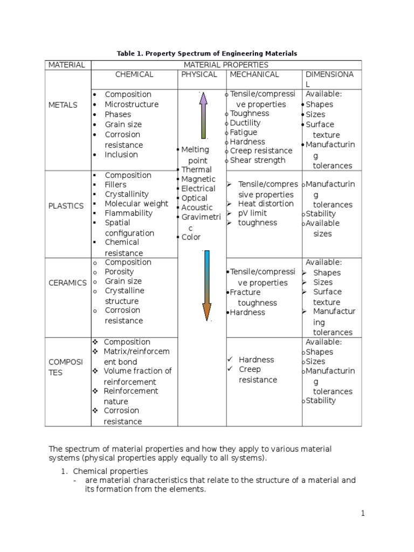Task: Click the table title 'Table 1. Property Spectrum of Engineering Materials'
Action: click(x=207, y=53)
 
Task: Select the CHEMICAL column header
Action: click(x=134, y=74)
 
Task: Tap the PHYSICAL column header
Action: click(x=199, y=74)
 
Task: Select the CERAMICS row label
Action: click(x=67, y=282)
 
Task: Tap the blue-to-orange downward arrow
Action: click(x=206, y=286)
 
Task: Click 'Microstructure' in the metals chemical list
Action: click(x=132, y=104)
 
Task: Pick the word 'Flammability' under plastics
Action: click(x=129, y=213)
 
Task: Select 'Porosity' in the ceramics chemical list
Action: click(x=119, y=272)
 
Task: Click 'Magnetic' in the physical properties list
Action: click(x=198, y=179)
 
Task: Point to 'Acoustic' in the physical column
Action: click(x=197, y=208)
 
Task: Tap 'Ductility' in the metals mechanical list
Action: click(x=245, y=123)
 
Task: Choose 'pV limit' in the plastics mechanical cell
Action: click(x=252, y=213)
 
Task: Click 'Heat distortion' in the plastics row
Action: click(x=266, y=204)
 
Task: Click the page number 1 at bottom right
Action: click(x=363, y=514)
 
